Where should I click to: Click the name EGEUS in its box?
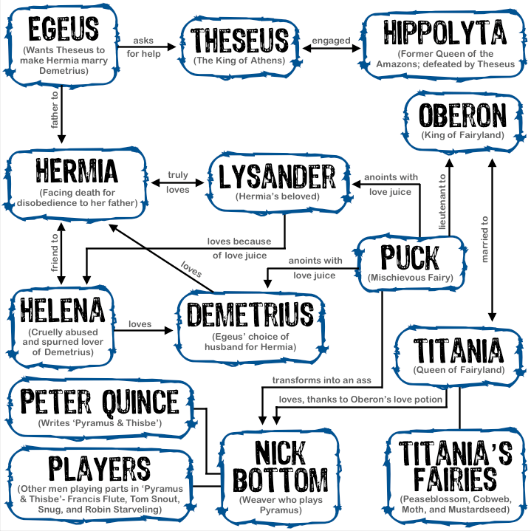click(62, 30)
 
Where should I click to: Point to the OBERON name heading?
click(463, 117)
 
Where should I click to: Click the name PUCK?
click(410, 258)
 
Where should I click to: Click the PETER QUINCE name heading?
click(100, 402)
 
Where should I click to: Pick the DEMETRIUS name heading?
click(250, 315)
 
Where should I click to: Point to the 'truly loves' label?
click(177, 182)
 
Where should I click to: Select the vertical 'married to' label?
click(484, 239)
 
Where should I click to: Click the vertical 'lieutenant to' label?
click(442, 201)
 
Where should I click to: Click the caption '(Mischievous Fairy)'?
click(410, 278)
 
